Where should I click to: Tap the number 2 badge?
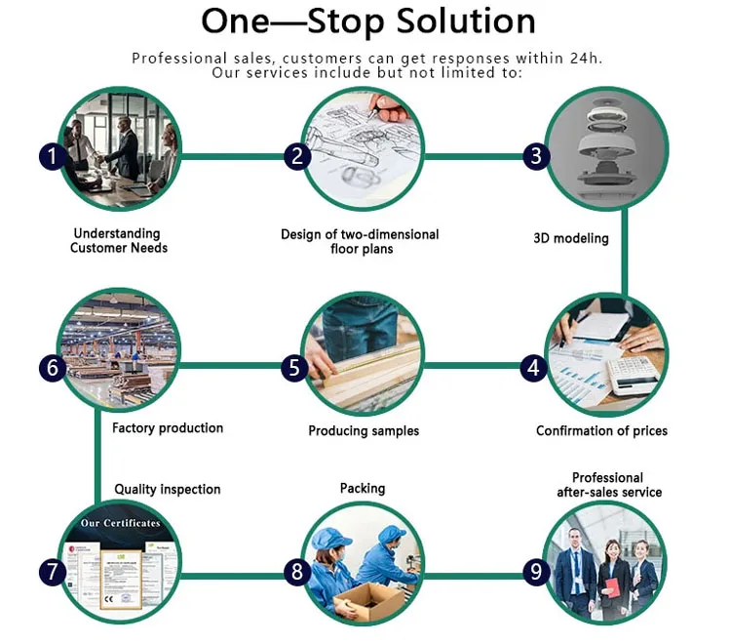pos(297,156)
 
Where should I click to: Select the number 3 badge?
pos(534,156)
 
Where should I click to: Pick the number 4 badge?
pos(533,368)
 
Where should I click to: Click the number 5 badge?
pos(295,368)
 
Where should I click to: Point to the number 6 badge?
pos(52,368)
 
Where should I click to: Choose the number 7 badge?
pos(52,573)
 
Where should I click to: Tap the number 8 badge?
pos(297,573)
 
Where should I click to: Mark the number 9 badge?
pos(534,573)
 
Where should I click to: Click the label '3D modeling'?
pos(571,238)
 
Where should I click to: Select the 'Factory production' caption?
pos(168,428)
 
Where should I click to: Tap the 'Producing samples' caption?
pos(364,431)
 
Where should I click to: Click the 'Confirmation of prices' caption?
pos(601,431)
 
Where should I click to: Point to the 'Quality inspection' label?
pos(168,489)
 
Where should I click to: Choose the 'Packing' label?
pos(363,488)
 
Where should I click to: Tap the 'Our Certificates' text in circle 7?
pos(120,524)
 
